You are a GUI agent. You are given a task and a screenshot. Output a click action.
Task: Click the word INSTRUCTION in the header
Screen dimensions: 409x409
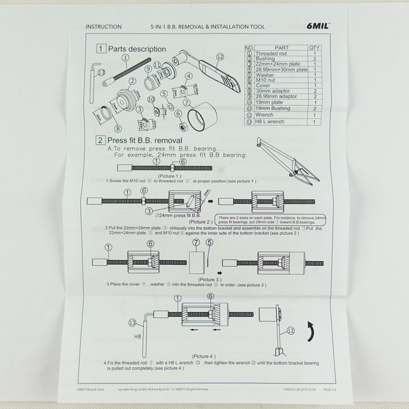103,27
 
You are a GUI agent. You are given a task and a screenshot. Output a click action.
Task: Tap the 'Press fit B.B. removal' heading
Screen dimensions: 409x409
144,140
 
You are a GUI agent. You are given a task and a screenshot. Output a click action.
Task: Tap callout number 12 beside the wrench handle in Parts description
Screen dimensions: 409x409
220,57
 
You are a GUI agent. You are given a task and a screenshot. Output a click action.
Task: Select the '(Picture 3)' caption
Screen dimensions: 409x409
210,279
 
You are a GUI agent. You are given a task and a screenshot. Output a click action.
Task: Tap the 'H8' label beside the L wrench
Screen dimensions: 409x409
137,336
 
